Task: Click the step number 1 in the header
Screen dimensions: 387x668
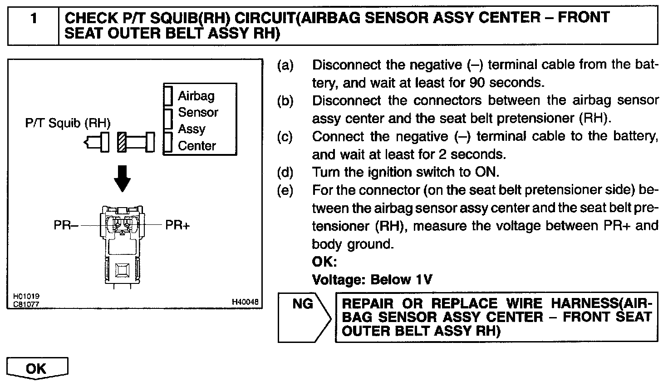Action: [x=33, y=19]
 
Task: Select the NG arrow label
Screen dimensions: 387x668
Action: [x=303, y=303]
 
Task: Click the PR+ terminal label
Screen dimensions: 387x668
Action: [x=177, y=225]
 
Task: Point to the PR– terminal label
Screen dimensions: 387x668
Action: [x=66, y=225]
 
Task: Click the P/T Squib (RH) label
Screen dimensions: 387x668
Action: [x=68, y=123]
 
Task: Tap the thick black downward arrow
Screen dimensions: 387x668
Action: [x=123, y=178]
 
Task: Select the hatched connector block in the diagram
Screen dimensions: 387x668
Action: [x=122, y=142]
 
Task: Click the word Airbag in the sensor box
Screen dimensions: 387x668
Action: [x=196, y=96]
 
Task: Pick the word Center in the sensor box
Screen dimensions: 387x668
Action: [x=197, y=146]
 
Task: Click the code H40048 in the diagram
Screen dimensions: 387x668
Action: [x=245, y=302]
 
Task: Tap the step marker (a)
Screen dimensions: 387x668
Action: [x=285, y=65]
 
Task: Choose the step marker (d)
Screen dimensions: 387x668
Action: [x=285, y=173]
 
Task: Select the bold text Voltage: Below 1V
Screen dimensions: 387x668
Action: [x=372, y=279]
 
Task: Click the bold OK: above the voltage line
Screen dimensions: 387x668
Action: [x=324, y=262]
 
